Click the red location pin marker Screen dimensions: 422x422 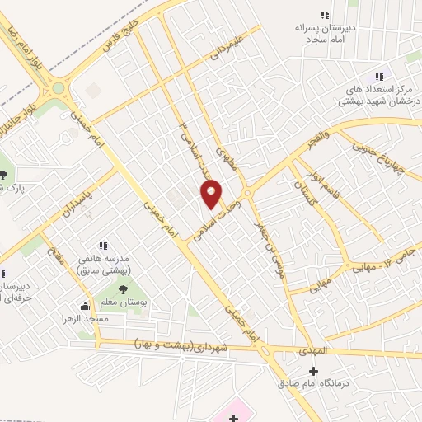tap(212, 194)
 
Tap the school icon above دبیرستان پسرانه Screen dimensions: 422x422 tap(325, 15)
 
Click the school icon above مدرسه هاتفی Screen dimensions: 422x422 tap(104, 246)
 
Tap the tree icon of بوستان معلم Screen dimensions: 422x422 tap(123, 288)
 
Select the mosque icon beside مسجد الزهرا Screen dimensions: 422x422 tap(86, 307)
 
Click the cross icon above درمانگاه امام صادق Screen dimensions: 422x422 tap(312, 371)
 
